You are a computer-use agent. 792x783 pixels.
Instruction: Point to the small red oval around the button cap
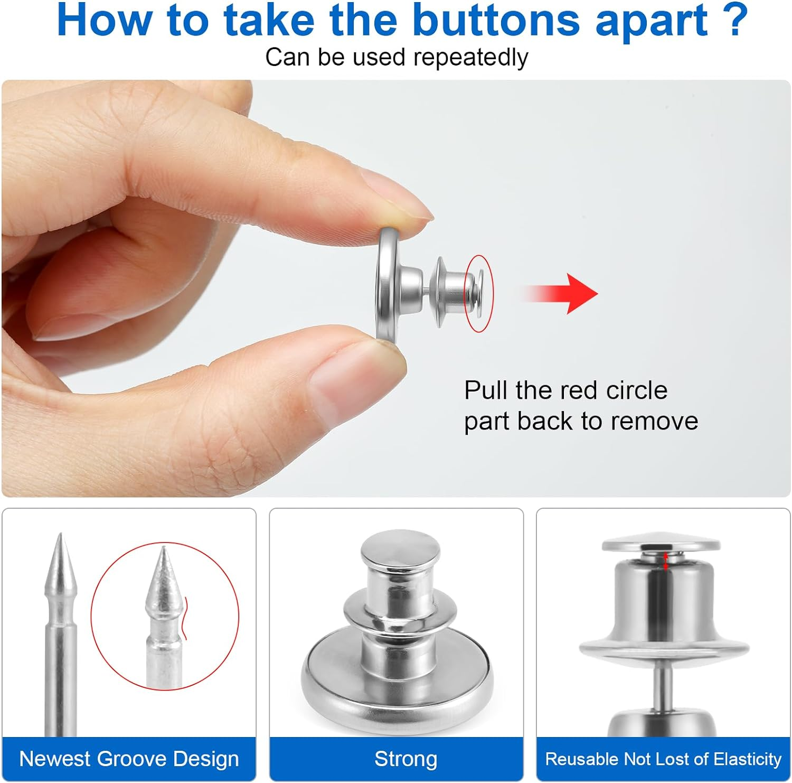pos(478,294)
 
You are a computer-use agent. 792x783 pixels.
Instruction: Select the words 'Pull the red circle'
pos(565,390)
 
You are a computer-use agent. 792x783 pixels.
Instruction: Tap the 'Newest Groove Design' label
pos(129,759)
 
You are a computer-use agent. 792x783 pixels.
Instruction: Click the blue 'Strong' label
pos(406,759)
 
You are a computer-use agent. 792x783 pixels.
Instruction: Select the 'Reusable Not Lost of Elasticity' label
pos(663,759)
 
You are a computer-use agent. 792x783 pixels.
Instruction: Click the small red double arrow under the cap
pos(666,561)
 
